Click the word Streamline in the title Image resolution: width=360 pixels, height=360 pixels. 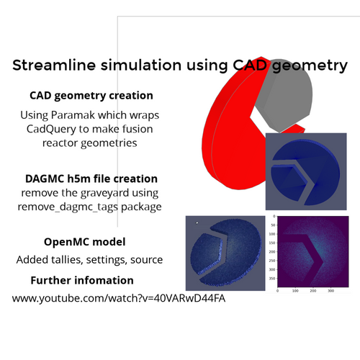[x=54, y=65]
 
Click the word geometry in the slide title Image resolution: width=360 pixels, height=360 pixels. [x=310, y=66]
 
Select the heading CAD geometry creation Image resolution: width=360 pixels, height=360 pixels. [x=91, y=96]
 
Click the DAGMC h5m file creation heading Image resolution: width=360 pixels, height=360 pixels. [x=91, y=179]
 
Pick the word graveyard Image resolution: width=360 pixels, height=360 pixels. [x=104, y=193]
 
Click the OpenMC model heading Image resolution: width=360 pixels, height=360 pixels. [x=85, y=242]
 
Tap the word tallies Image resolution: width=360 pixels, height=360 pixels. [x=64, y=260]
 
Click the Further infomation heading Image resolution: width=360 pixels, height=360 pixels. [x=82, y=280]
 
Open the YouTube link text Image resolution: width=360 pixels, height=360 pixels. [x=119, y=298]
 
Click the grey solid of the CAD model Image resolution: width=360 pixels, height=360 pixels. [x=286, y=96]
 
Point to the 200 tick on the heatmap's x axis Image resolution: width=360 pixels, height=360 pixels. [x=313, y=291]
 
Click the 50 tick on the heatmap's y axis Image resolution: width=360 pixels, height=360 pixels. [x=273, y=225]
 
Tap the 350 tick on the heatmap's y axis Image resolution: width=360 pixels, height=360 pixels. [x=272, y=279]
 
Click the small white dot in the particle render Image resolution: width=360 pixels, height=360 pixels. [x=197, y=223]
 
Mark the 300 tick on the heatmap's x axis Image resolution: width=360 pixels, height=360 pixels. [x=330, y=291]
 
